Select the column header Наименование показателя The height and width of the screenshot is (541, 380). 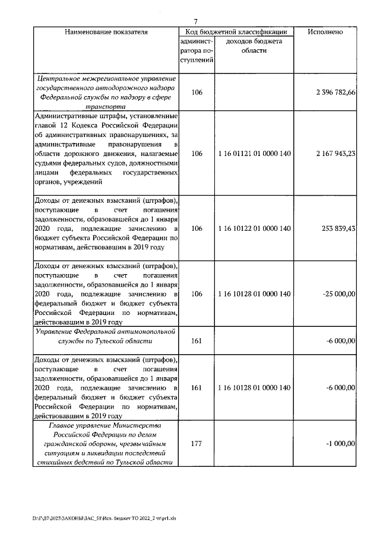[x=106, y=31]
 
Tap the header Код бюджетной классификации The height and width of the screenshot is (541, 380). [x=236, y=31]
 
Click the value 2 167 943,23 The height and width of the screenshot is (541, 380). [x=336, y=154]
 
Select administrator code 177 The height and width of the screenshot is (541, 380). [x=196, y=443]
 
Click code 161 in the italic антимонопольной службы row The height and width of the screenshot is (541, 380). [x=196, y=340]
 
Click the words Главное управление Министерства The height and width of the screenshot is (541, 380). [x=106, y=427]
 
